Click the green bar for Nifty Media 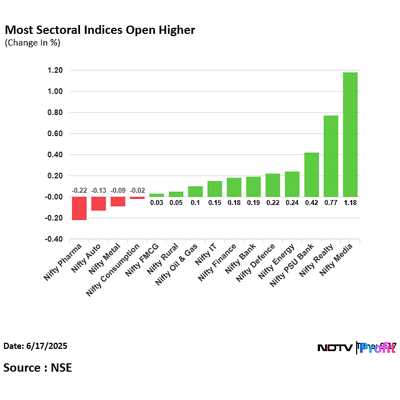pos(350,134)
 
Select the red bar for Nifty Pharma pos(79,208)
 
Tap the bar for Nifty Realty pos(331,156)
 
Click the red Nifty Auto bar pos(98,203)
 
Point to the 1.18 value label pos(350,203)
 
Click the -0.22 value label pos(79,191)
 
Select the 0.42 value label pos(311,203)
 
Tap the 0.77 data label pos(331,203)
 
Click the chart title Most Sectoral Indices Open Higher pos(100,30)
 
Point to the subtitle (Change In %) pos(33,43)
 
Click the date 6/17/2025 pos(36,346)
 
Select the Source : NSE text pos(38,367)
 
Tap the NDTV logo pos(334,348)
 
